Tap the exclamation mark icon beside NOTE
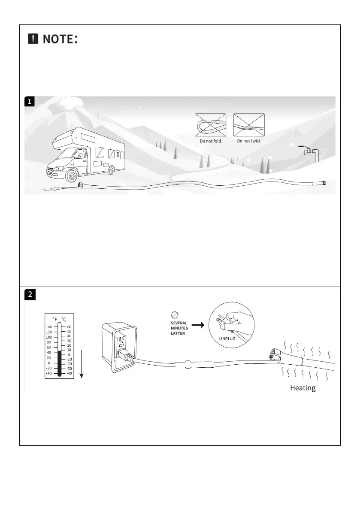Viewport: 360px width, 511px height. coord(33,39)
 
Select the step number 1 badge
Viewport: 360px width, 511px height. coord(29,102)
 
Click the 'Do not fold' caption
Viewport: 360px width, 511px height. coord(210,141)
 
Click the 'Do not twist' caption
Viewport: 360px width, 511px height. coord(248,141)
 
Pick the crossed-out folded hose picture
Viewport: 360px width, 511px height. coord(210,125)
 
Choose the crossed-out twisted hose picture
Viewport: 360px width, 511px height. coord(249,125)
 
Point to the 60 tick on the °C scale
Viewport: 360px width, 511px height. coord(69,327)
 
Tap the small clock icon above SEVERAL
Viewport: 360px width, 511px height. coord(175,314)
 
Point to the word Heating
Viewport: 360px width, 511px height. coord(303,388)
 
